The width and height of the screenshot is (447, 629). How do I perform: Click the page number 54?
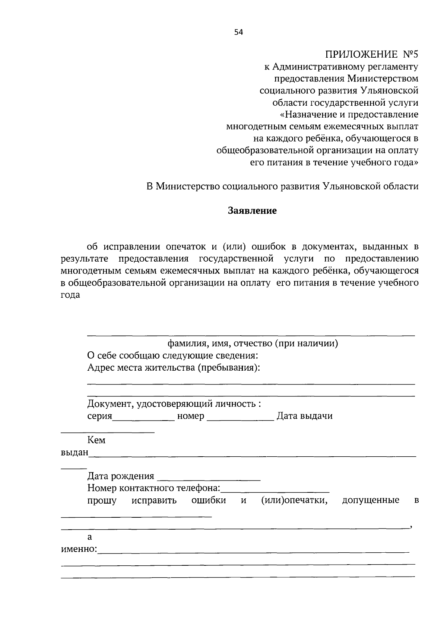238,32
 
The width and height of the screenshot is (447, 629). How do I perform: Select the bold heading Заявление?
252,211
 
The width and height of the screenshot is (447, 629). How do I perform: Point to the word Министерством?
383,79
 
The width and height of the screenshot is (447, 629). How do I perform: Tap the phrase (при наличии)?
306,343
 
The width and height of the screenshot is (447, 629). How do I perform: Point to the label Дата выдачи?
304,416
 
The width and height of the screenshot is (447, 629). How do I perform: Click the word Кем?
96,440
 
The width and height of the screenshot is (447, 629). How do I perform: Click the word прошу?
102,501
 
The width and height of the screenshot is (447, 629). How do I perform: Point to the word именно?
79,549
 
